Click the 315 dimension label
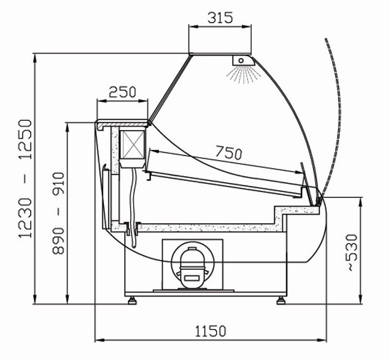point(220,17)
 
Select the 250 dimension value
point(122,92)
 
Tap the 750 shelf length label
point(228,153)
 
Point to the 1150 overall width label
point(210,331)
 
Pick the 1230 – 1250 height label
point(25,179)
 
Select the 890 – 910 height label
point(58,213)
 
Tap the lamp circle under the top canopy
point(241,60)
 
